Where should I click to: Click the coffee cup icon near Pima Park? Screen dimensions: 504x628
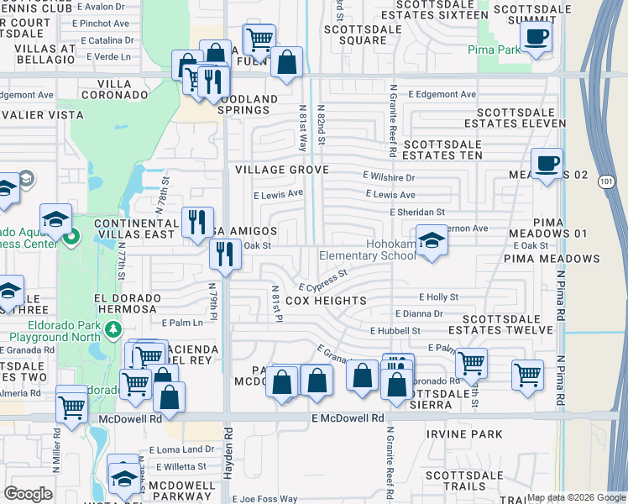tap(536, 37)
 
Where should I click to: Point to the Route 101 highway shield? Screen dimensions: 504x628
tap(605, 182)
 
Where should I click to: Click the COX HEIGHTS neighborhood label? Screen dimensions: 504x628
tap(326, 300)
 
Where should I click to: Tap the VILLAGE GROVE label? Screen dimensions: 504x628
tap(281, 170)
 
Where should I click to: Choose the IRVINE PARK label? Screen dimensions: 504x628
tap(464, 434)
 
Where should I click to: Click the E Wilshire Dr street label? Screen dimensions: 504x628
tap(389, 177)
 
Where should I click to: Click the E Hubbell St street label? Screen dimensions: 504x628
tap(395, 332)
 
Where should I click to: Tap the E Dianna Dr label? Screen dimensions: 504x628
tap(419, 313)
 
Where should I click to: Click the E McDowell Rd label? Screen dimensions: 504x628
tap(347, 417)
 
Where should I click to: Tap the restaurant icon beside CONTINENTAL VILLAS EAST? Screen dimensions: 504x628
tap(198, 222)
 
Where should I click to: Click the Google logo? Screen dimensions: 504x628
tap(28, 494)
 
